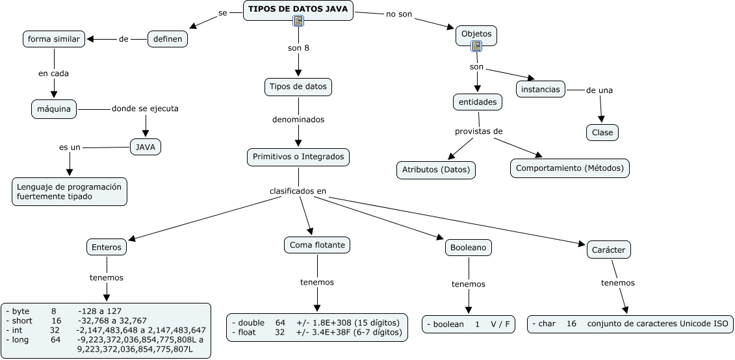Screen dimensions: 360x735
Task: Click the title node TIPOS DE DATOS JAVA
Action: pyautogui.click(x=298, y=9)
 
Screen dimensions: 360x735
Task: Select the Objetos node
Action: pyautogui.click(x=476, y=34)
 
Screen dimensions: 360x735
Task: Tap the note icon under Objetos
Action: pyautogui.click(x=476, y=45)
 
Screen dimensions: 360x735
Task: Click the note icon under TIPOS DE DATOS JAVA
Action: pyautogui.click(x=298, y=21)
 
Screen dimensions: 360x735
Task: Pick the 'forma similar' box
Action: pyautogui.click(x=54, y=39)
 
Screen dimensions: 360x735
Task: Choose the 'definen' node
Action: pyautogui.click(x=168, y=40)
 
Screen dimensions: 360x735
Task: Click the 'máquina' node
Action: pyautogui.click(x=55, y=109)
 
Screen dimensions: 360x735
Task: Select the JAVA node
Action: pyautogui.click(x=146, y=148)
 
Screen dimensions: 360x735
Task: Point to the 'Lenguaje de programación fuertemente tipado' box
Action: pyautogui.click(x=70, y=191)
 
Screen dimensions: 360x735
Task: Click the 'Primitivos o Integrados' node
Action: pyautogui.click(x=299, y=157)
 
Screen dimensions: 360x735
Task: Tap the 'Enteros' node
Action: pyautogui.click(x=106, y=247)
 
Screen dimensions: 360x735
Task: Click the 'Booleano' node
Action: pyautogui.click(x=468, y=248)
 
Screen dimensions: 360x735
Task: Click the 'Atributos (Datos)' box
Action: pyautogui.click(x=436, y=170)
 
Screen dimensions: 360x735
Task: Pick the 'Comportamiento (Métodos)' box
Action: pyautogui.click(x=569, y=168)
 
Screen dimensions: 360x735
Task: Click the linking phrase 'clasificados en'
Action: pyautogui.click(x=298, y=191)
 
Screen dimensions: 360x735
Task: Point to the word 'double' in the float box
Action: pyautogui.click(x=251, y=322)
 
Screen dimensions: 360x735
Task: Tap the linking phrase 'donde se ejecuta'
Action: pyautogui.click(x=145, y=109)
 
